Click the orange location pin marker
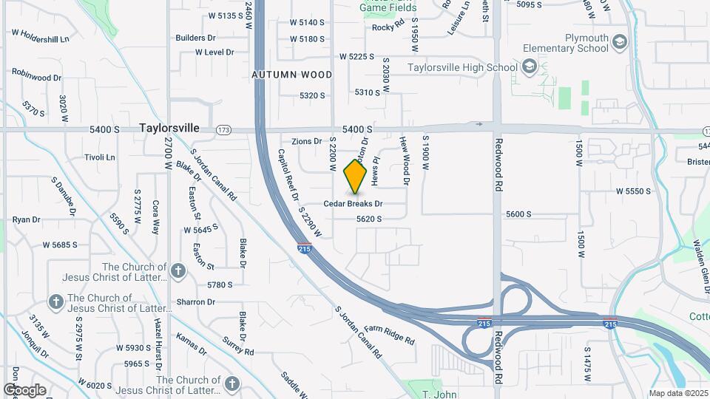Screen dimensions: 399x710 coord(356,177)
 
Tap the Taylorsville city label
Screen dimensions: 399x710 coord(169,128)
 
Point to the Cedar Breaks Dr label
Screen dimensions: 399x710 coord(354,203)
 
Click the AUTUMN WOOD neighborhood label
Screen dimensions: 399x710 coord(291,75)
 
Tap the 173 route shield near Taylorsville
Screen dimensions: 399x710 coord(223,130)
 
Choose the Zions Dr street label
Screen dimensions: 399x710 coord(307,141)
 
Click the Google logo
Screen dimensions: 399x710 coord(24,390)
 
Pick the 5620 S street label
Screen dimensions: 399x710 coord(368,219)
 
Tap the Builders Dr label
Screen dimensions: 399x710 coord(195,38)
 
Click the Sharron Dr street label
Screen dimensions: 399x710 coord(195,301)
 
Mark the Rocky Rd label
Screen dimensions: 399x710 coord(388,27)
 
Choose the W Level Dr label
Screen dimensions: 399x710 coord(214,52)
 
